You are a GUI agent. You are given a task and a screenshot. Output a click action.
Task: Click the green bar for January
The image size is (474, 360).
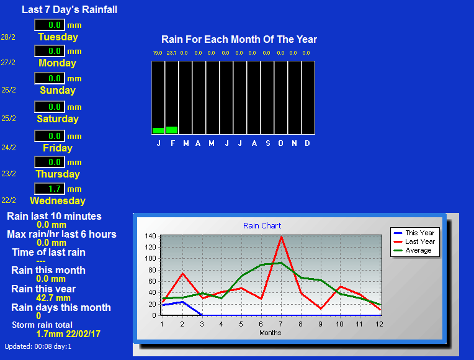[158, 130]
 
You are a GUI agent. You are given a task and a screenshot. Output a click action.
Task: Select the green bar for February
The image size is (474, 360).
[172, 130]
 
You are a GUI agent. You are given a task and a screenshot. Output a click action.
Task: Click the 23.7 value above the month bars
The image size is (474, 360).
[171, 53]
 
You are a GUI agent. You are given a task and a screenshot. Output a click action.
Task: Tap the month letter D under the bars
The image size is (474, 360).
[308, 143]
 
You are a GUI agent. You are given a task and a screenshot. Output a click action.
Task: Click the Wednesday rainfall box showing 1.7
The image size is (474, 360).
[50, 189]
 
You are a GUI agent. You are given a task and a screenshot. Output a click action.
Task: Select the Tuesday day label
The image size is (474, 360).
[58, 37]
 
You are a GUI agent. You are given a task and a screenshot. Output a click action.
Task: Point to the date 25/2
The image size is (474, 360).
[9, 119]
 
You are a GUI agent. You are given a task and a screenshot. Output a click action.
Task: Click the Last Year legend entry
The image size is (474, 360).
[414, 241]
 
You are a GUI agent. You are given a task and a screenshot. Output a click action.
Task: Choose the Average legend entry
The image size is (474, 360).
[413, 250]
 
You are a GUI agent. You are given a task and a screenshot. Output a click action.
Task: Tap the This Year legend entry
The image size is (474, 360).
[414, 233]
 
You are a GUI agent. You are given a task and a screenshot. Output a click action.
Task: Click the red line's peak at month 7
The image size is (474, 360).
[282, 237]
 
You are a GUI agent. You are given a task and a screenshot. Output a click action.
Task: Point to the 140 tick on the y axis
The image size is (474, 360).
[150, 236]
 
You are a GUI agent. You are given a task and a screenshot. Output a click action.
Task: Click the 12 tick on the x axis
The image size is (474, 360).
[379, 324]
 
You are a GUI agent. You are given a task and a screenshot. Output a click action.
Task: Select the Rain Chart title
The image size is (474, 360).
[262, 226]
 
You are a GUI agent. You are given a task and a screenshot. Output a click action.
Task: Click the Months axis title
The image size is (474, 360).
[271, 333]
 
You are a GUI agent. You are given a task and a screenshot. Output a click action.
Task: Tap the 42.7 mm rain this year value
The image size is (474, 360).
[53, 298]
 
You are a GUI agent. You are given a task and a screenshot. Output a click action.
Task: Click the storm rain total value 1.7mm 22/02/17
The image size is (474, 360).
[68, 334]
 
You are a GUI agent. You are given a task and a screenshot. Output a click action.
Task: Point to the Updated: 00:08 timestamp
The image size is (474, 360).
[38, 346]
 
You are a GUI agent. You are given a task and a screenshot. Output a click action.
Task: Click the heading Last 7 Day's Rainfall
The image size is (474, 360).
[69, 10]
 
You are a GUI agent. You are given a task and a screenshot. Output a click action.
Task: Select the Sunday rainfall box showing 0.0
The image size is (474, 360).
[50, 78]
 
